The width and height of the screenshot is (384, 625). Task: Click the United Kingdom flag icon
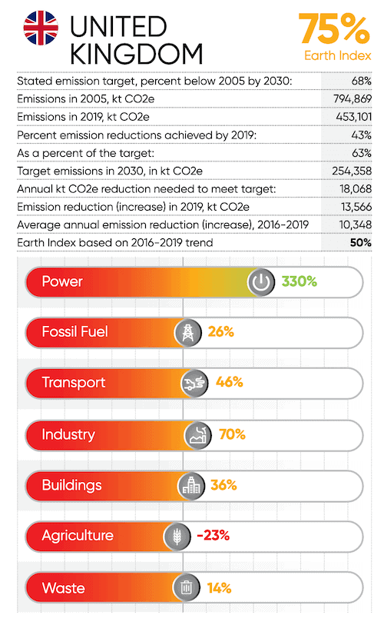coord(41,28)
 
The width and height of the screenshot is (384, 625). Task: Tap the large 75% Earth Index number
coord(334,28)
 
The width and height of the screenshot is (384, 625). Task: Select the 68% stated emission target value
coord(361,81)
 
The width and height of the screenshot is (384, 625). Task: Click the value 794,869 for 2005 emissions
coord(353,99)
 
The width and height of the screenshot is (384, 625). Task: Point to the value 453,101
coord(354,117)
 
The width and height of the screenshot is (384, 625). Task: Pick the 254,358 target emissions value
coord(352,171)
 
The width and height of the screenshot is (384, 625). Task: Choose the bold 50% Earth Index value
coord(360,243)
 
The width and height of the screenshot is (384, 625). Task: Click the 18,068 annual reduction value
coord(356,189)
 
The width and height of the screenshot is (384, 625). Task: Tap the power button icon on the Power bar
coord(261,282)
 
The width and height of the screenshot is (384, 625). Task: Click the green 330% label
coord(300,281)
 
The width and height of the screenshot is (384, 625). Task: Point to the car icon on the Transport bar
coord(194,384)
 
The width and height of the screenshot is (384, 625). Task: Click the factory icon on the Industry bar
coord(198,435)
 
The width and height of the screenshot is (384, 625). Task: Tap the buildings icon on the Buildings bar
coord(191,486)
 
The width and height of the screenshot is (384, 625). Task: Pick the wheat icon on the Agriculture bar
coord(177,537)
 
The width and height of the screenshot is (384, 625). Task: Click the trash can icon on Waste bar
coord(186,587)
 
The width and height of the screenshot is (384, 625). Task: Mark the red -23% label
coord(213,535)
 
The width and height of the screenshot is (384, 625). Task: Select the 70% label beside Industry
coord(232,434)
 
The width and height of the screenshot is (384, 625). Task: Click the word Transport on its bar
coord(74,383)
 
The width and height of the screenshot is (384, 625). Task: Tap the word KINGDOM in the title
coord(137,54)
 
